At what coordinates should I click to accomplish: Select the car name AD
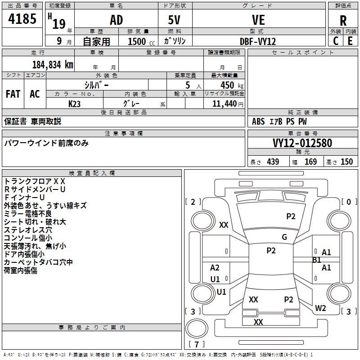pos(116,20)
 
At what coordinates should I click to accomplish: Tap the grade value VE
pos(258,20)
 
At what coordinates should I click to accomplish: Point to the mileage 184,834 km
pos(53,64)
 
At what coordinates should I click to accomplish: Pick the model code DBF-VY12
pos(258,41)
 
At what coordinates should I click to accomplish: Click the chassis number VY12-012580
pos(302,143)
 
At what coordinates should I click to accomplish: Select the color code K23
pos(75,103)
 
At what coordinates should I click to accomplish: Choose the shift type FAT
pos(13,94)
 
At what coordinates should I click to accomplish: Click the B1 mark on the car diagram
pos(316,260)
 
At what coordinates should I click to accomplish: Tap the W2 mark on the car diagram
pos(320,308)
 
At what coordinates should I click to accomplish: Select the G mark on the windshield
pos(284,237)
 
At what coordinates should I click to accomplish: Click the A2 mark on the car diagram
pos(215,268)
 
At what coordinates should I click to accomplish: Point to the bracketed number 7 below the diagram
pos(197,344)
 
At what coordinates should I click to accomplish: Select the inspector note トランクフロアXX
pos(35,181)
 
